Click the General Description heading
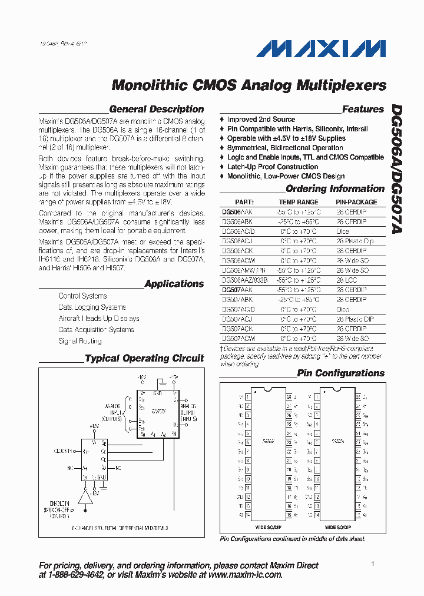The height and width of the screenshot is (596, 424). coord(156,109)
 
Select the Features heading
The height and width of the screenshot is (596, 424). coord(363,109)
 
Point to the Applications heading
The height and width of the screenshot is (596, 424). coord(174,284)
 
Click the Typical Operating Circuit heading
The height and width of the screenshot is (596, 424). coord(144,358)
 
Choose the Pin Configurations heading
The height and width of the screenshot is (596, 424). coord(340,373)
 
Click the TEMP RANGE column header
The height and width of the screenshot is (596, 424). coord(299,202)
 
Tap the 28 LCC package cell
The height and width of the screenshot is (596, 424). coord(347,280)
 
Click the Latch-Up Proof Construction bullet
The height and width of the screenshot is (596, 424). coord(273,167)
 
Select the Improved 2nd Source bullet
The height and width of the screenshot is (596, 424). coord(261,120)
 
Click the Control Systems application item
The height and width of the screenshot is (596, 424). coord(82,296)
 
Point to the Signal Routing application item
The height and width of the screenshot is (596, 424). coord(80,341)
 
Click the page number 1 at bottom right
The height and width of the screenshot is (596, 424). coord(373,564)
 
